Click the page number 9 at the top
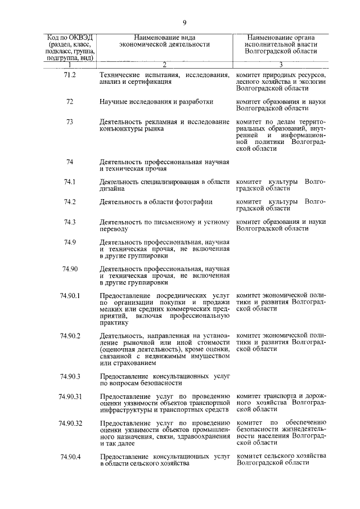coord(183,22)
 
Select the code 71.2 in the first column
coord(70,75)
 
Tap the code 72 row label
coord(70,102)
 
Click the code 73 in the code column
coord(70,121)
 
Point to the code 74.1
coord(70,182)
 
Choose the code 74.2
coord(70,201)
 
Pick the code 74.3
coord(70,222)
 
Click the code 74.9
coord(70,242)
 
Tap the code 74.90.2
coord(70,336)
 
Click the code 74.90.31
coord(70,396)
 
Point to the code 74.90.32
coord(70,422)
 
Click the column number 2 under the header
coord(164,64)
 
